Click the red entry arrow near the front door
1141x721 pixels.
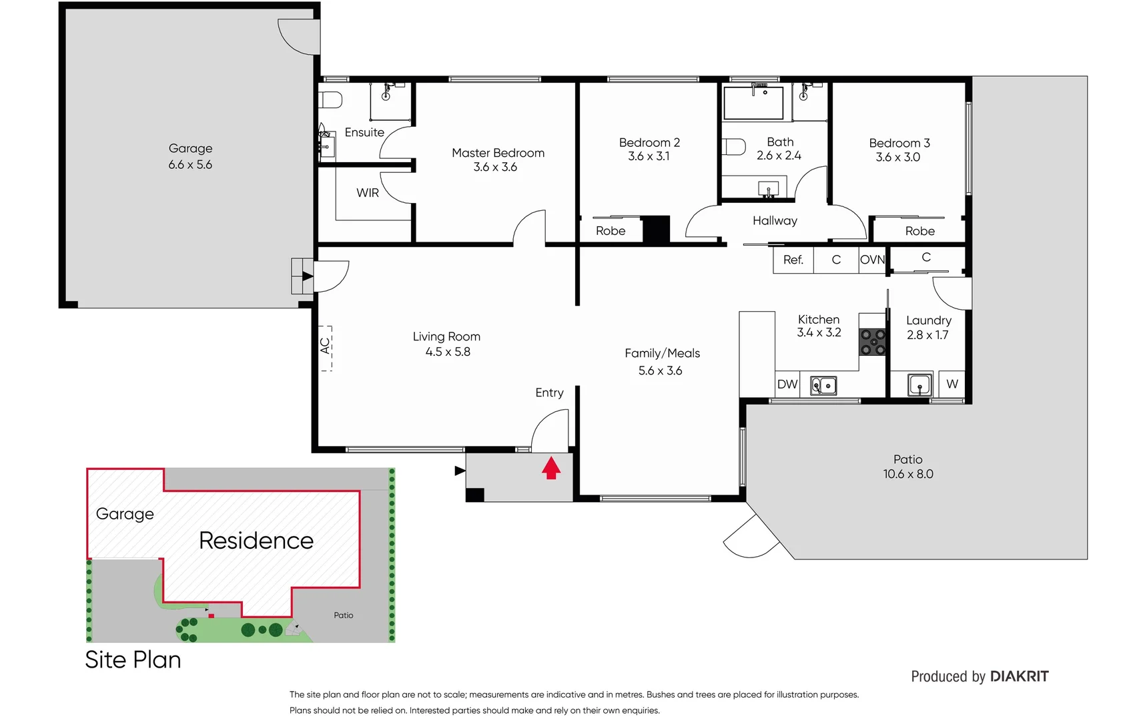(x=550, y=468)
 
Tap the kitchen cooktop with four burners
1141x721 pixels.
(x=872, y=342)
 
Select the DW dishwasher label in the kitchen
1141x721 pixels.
(x=787, y=385)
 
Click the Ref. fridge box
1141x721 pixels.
(x=793, y=260)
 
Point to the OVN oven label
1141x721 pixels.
(x=872, y=260)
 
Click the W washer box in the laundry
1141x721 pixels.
(x=952, y=385)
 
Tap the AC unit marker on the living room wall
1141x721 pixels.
(x=326, y=346)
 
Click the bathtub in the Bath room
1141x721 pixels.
(x=754, y=103)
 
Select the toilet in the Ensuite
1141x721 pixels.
(x=331, y=100)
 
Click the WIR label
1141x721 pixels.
(x=368, y=193)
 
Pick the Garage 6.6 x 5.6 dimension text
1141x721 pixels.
(x=190, y=165)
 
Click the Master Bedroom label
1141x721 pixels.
(x=498, y=153)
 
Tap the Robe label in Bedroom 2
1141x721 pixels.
(x=611, y=231)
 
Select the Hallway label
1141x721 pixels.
(x=775, y=221)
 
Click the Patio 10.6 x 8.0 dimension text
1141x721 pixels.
(x=908, y=474)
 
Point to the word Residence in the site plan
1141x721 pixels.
(x=256, y=541)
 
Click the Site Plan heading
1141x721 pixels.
(x=133, y=660)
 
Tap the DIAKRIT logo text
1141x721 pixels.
(x=1019, y=676)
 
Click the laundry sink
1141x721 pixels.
(x=919, y=385)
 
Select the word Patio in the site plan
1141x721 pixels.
(x=344, y=616)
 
